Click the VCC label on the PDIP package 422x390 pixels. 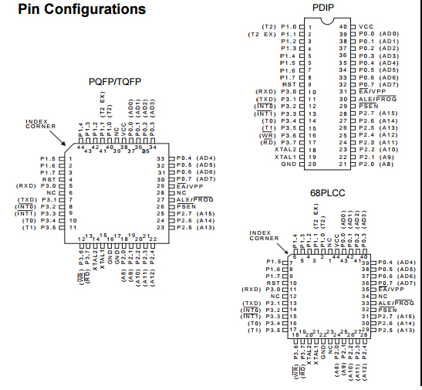pos(366,26)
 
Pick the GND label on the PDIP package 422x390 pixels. pos(289,164)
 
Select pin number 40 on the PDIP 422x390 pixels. pos(343,26)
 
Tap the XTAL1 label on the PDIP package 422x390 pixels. pos(286,157)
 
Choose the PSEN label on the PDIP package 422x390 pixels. pos(369,107)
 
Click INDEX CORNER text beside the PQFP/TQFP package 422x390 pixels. pos(39,124)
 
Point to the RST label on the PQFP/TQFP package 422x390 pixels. pos(50,178)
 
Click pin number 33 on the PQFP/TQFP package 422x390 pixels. pos(161,158)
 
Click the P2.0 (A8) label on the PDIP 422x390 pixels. pos(378,164)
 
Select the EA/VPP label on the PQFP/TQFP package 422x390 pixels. pos(192,185)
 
